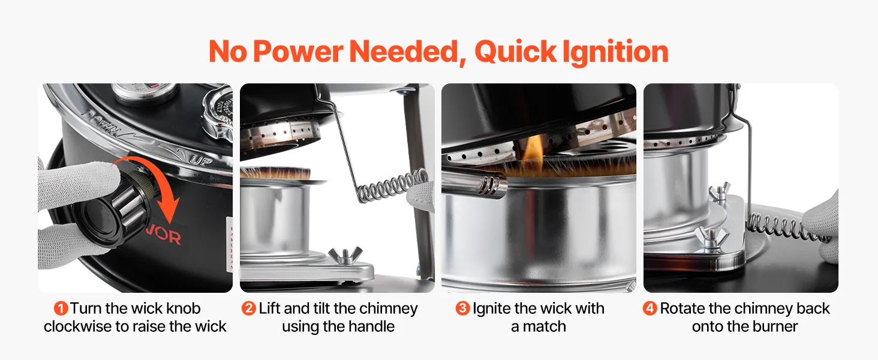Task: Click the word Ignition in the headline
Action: (x=615, y=52)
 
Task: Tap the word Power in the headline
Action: (x=298, y=52)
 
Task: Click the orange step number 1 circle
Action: (x=61, y=308)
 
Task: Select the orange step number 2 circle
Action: (x=249, y=308)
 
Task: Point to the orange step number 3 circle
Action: (x=462, y=308)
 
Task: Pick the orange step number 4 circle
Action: (x=650, y=308)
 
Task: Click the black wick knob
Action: (x=114, y=210)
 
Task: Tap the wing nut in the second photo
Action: (x=345, y=255)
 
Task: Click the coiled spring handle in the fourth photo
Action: (x=788, y=227)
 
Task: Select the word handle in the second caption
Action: (x=371, y=326)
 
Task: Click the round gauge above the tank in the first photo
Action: (x=145, y=91)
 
